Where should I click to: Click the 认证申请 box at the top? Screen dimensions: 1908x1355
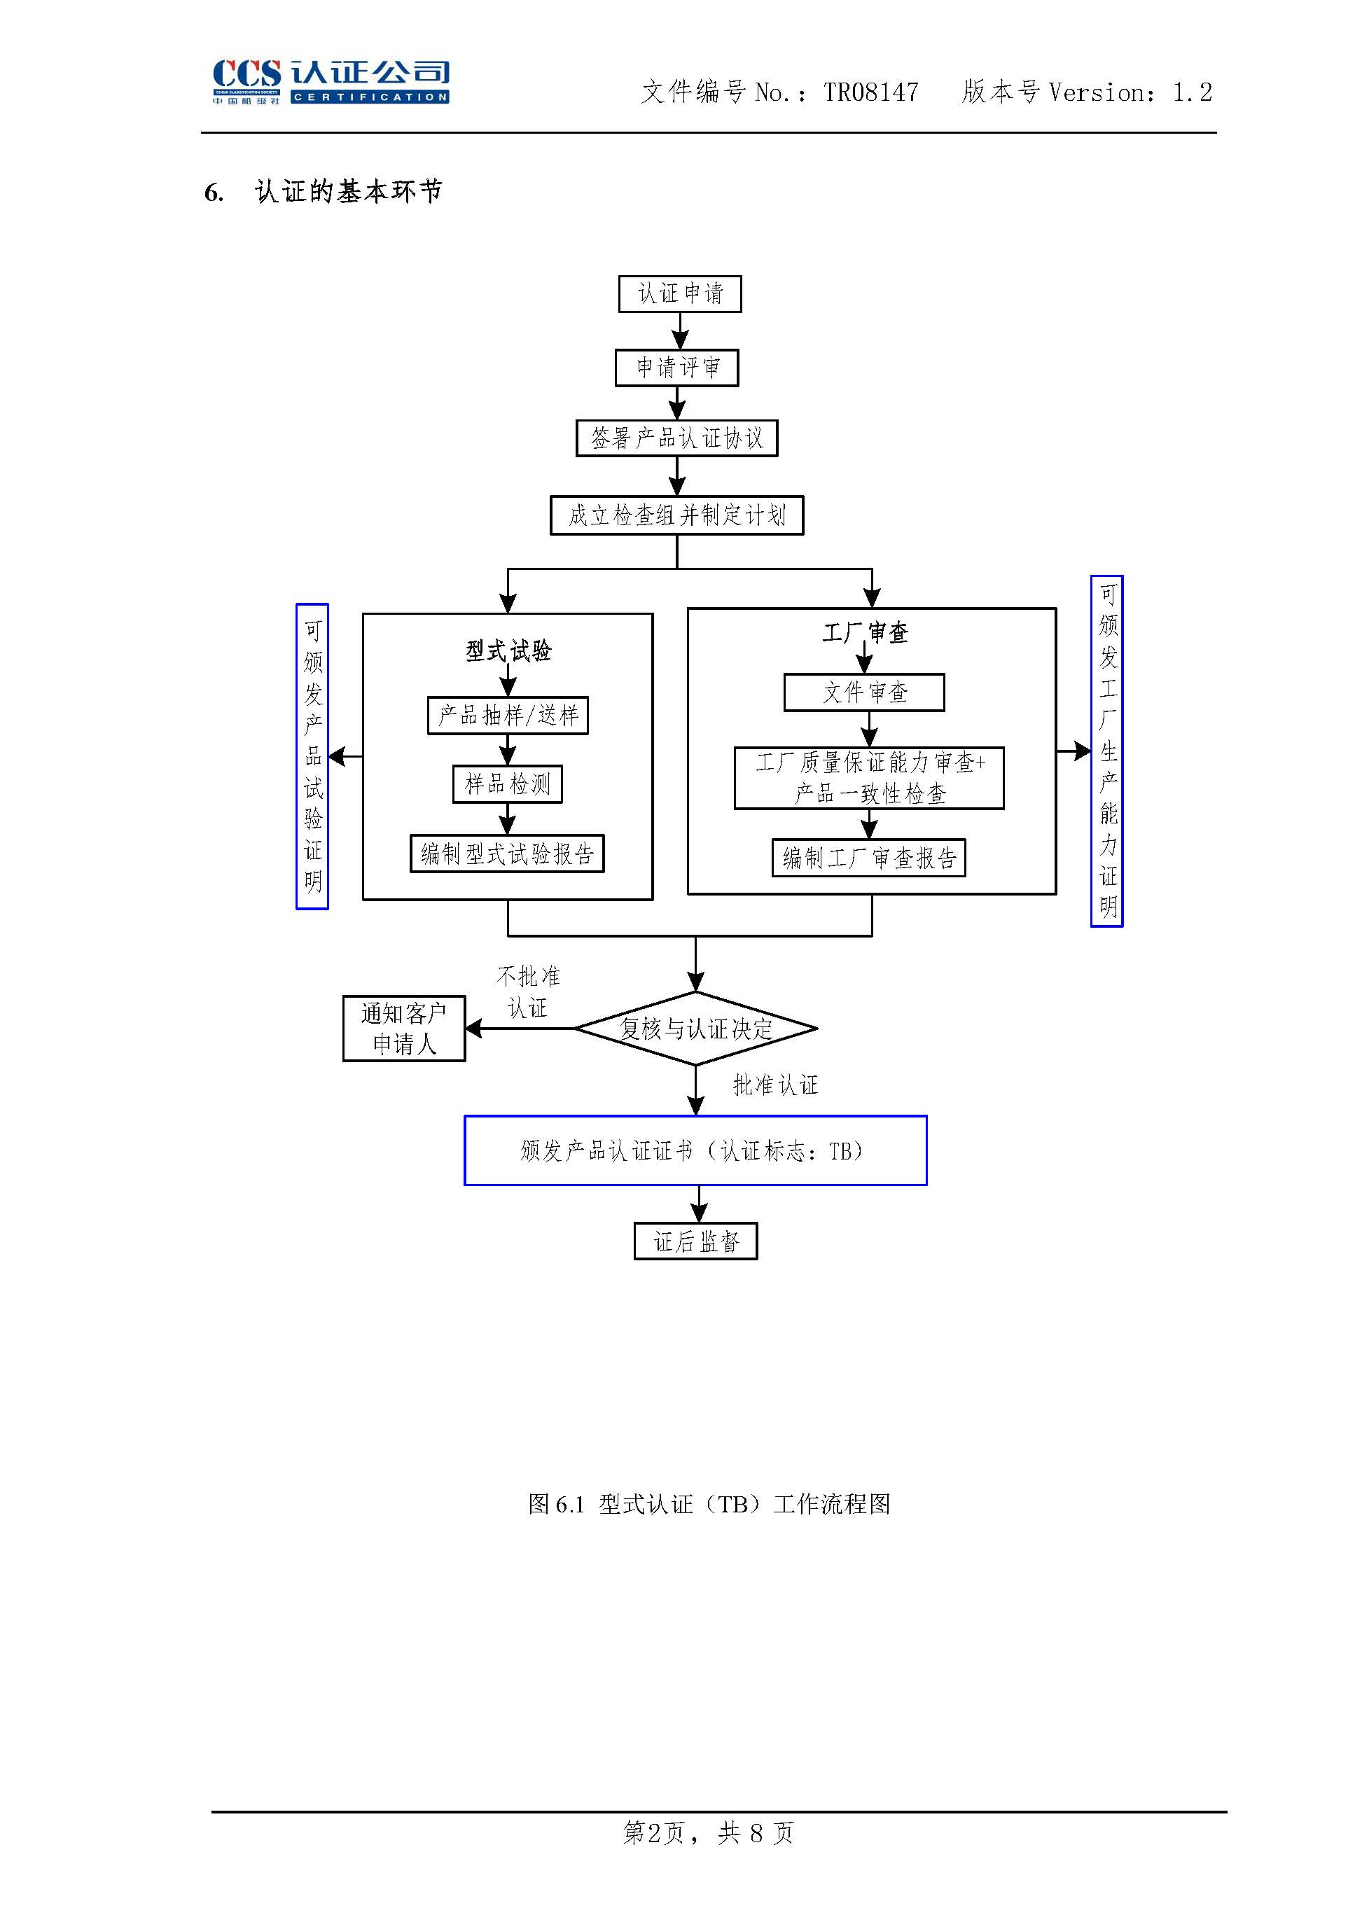point(679,293)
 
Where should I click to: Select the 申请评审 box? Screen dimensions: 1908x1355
point(676,368)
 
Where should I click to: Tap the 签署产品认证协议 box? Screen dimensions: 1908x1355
point(676,438)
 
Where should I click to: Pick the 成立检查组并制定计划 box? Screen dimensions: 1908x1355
point(676,515)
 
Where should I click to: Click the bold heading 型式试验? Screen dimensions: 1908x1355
point(508,650)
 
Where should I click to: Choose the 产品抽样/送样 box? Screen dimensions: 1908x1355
point(507,715)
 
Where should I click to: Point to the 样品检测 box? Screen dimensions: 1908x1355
point(507,784)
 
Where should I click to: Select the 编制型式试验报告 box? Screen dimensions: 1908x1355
point(506,854)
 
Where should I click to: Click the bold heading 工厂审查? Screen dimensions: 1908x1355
point(866,633)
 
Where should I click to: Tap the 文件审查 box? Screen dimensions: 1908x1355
point(864,692)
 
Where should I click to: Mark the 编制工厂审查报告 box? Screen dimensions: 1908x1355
point(868,858)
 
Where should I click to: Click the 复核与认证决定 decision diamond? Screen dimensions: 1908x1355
point(696,1029)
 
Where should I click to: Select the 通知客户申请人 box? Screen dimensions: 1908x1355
point(404,1029)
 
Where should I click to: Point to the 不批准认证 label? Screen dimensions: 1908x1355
point(528,992)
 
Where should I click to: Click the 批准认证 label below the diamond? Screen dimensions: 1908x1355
point(775,1085)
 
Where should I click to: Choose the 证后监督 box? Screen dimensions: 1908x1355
point(696,1241)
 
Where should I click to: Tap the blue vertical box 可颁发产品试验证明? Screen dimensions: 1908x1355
point(312,756)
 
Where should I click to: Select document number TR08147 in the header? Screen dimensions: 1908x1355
point(870,92)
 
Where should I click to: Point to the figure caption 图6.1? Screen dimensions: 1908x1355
point(709,1504)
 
